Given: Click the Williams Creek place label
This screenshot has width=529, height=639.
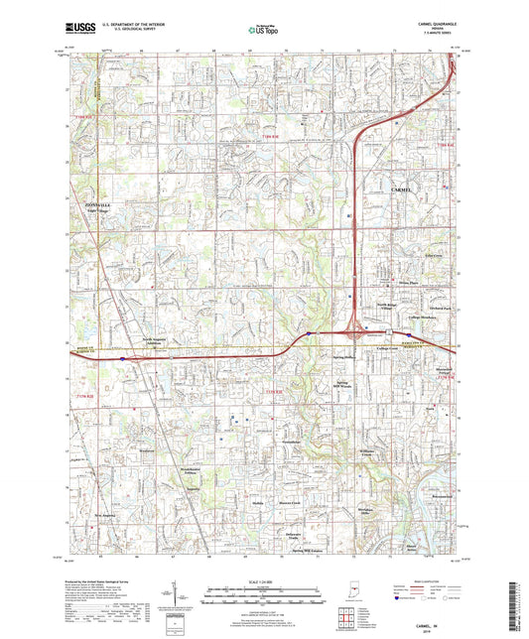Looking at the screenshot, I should pos(364,451).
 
